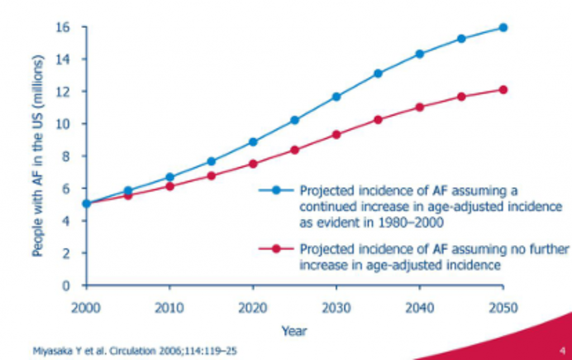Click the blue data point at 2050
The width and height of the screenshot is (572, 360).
503,27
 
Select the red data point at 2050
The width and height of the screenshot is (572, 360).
503,89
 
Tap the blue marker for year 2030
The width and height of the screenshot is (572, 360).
336,97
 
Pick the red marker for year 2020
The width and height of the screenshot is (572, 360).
253,164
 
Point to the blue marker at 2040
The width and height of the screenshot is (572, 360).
420,54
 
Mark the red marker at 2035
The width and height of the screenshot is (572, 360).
378,119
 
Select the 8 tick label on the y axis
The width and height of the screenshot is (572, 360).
66,156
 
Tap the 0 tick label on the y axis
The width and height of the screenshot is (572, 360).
66,286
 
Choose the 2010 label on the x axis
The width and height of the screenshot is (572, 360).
170,308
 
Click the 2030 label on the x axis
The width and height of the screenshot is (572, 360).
336,308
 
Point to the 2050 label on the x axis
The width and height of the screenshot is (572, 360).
502,308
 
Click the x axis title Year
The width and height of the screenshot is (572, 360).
294,330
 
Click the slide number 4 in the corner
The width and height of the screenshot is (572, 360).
562,351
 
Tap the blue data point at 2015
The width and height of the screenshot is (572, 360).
211,161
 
